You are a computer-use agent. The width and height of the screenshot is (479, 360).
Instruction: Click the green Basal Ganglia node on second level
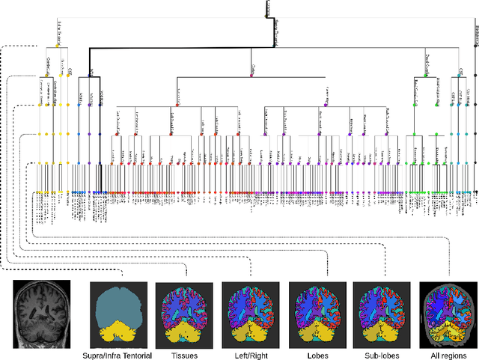[x=427, y=74]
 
